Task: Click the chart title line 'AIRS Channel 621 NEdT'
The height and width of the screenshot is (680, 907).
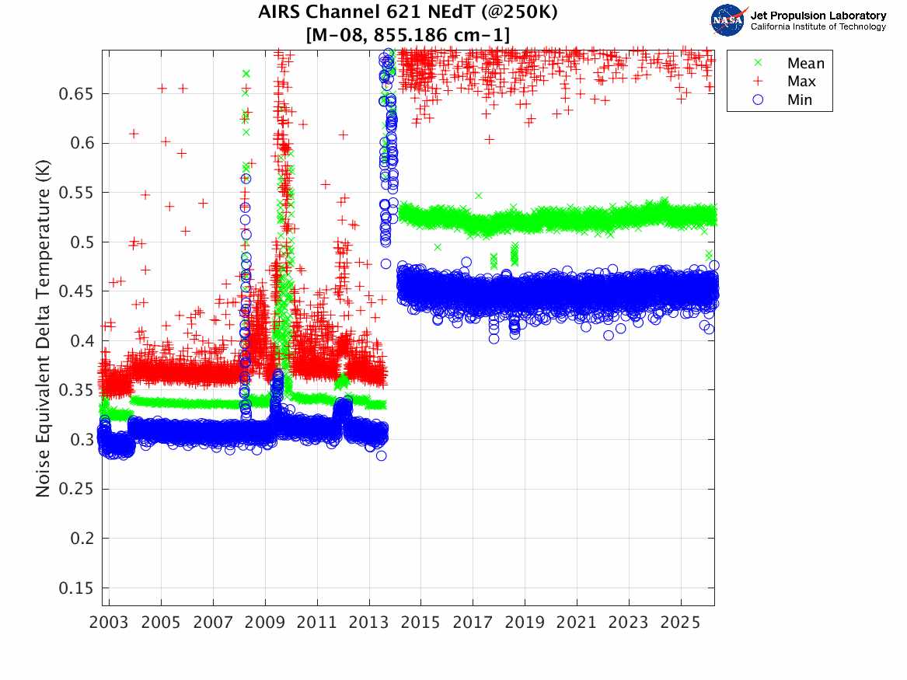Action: click(x=408, y=12)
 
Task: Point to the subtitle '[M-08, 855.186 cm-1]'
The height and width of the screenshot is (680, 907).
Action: click(x=408, y=33)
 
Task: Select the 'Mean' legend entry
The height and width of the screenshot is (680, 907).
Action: click(x=805, y=64)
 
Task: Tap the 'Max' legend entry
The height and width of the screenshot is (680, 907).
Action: click(x=801, y=82)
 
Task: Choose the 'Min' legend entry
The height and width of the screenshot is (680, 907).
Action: click(x=800, y=99)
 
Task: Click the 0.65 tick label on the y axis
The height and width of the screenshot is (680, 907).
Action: click(x=77, y=94)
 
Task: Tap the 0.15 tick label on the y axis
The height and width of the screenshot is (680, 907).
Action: click(x=77, y=588)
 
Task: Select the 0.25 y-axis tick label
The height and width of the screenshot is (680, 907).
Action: click(x=77, y=490)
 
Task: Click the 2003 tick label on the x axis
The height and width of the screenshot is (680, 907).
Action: click(x=110, y=623)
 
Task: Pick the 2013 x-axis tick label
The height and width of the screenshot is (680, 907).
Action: click(x=369, y=623)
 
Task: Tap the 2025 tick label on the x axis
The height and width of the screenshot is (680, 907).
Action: click(x=681, y=623)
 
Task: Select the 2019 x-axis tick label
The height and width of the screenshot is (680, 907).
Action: click(x=525, y=623)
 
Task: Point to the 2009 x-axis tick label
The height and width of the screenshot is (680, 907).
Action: click(x=265, y=623)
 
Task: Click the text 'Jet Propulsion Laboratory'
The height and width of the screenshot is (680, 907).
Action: click(x=818, y=15)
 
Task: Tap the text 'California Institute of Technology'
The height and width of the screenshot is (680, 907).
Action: click(x=818, y=26)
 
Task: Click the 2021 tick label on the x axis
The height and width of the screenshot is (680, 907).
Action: click(x=577, y=623)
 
